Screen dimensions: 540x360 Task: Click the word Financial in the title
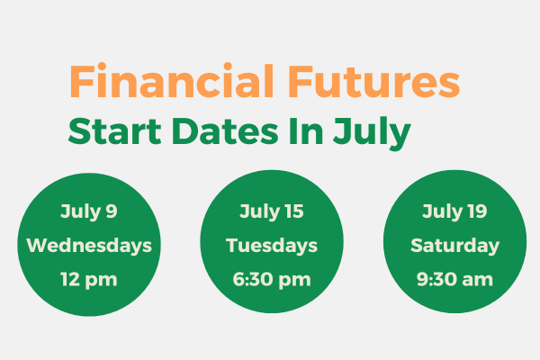tap(172, 81)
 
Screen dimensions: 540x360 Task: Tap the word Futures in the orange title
tap(374, 81)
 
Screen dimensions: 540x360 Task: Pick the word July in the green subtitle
tap(372, 134)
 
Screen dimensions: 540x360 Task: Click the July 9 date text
tap(89, 211)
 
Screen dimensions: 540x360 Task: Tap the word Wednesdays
tap(89, 246)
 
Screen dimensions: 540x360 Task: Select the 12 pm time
tap(89, 279)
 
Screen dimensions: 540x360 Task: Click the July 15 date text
tap(272, 211)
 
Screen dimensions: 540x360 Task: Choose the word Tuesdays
tap(272, 246)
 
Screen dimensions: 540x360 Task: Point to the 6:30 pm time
tap(272, 279)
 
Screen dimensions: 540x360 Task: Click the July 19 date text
tap(454, 211)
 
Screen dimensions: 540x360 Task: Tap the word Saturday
tap(454, 246)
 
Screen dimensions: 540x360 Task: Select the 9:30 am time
tap(454, 279)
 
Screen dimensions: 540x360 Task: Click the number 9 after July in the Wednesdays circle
tap(112, 211)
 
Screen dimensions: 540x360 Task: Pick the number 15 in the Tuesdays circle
tap(294, 211)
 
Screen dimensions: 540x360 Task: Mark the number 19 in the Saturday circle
tap(478, 211)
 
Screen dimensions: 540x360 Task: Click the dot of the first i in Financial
tap(101, 66)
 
